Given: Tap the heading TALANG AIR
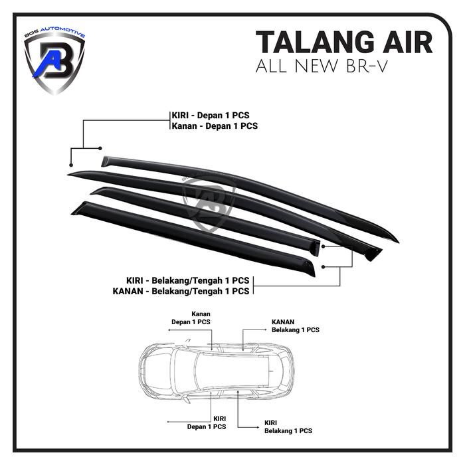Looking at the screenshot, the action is tap(344, 42).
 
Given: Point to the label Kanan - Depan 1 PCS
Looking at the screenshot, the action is tap(214, 126).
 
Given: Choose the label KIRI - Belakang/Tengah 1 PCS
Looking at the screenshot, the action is tap(188, 280).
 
